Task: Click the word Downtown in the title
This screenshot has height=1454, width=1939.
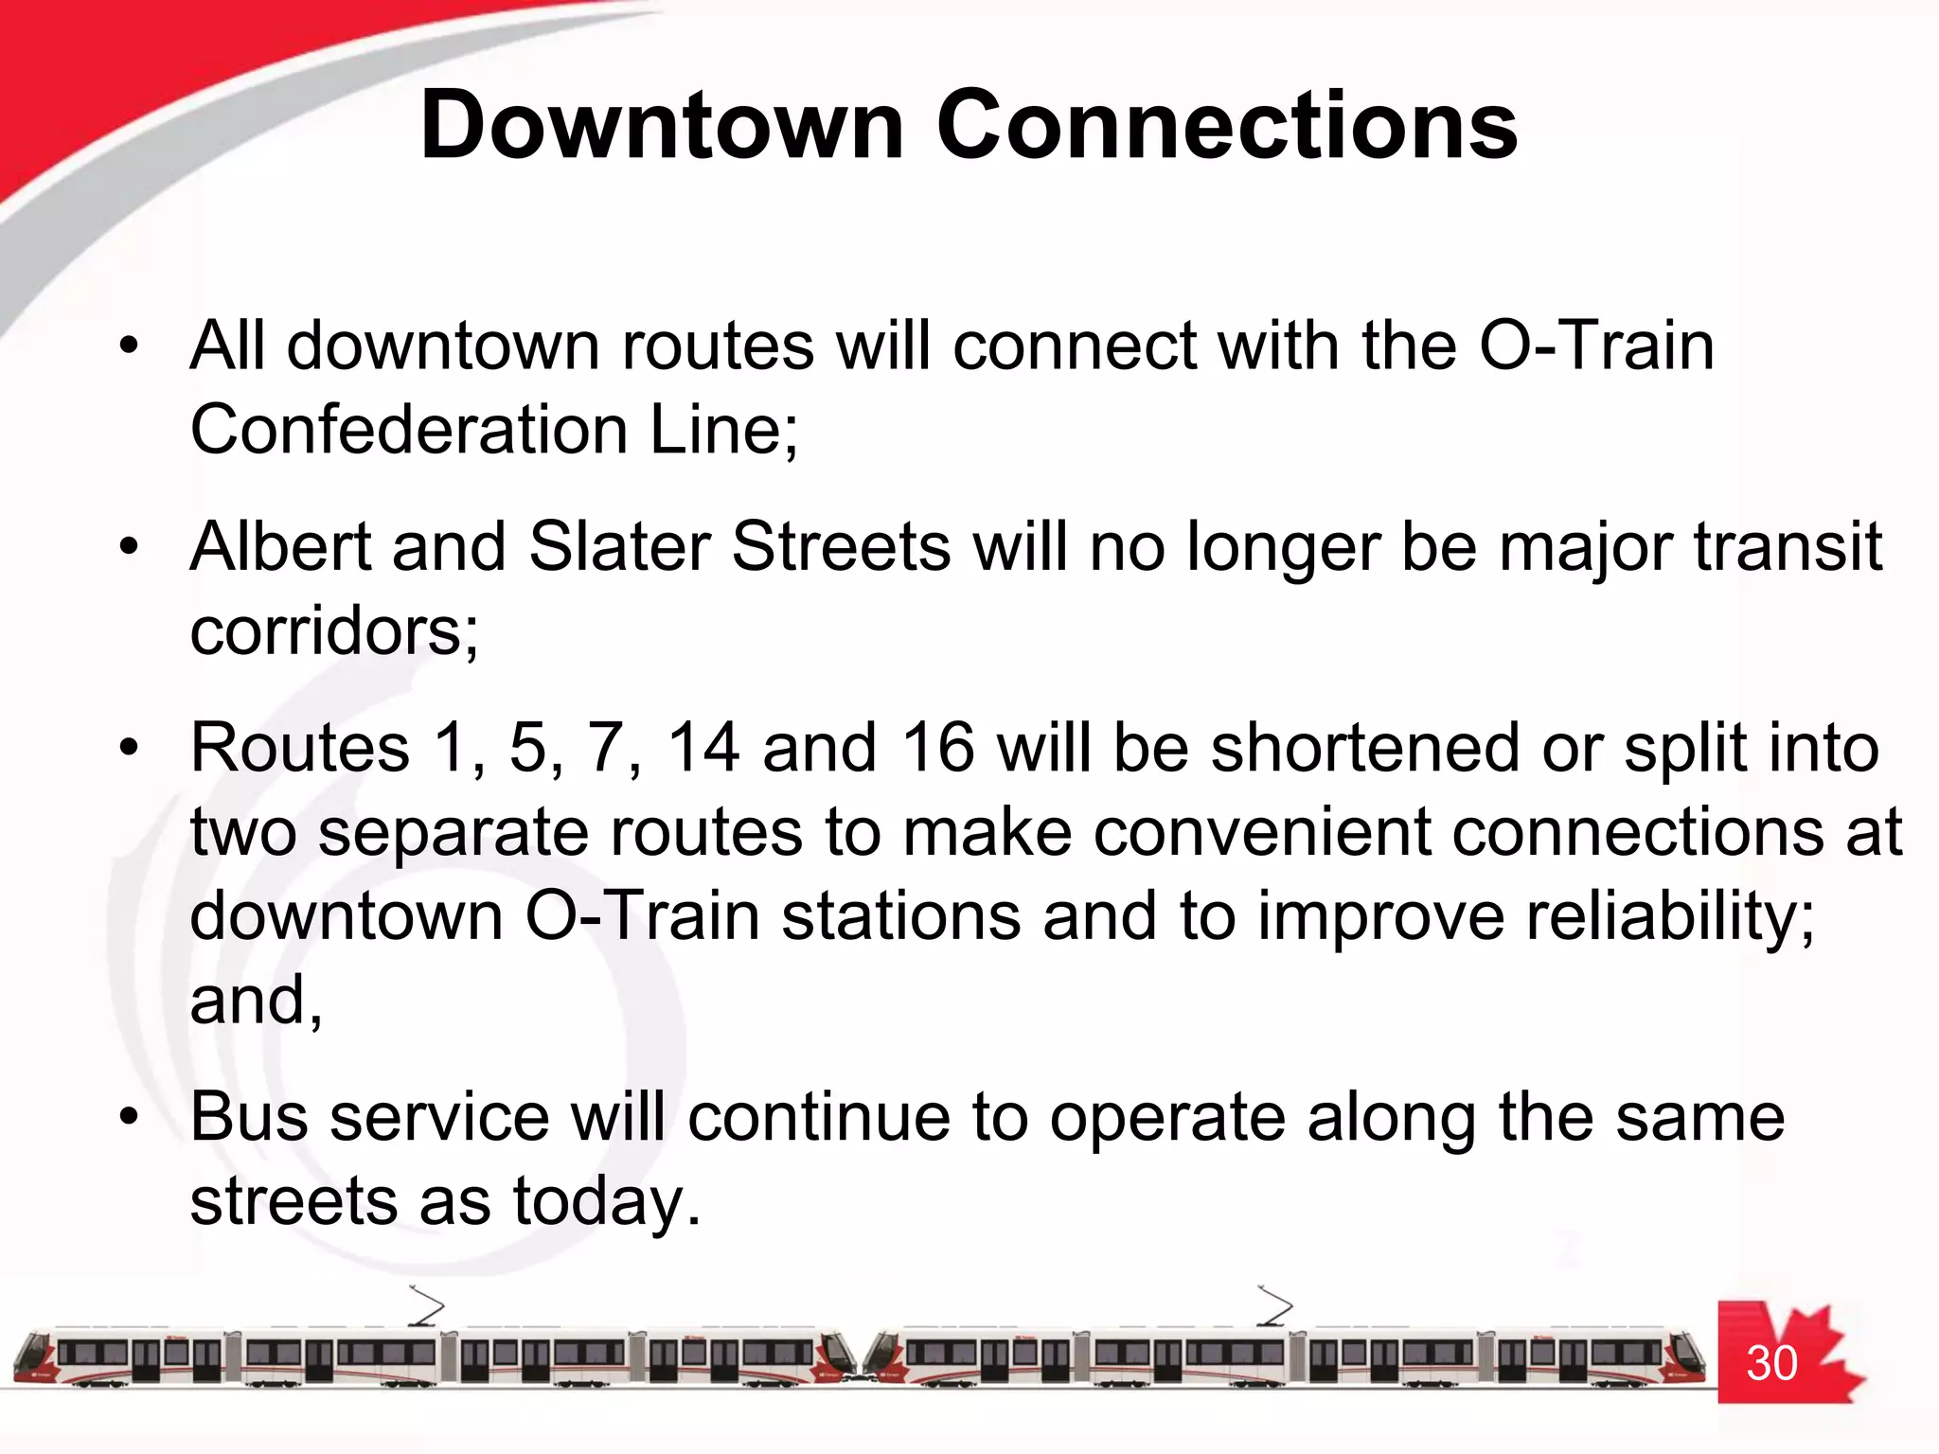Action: coord(662,126)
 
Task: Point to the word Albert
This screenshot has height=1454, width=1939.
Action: coord(280,547)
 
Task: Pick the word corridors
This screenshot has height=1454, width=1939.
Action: coord(333,631)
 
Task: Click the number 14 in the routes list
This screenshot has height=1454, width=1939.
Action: coord(703,748)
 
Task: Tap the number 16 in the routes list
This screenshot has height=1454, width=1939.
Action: coord(937,748)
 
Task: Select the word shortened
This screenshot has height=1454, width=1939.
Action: coord(1365,748)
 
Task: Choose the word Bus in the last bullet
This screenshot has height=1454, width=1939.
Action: coord(249,1117)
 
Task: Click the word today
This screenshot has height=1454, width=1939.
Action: coord(605,1202)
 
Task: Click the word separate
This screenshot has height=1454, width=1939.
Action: coord(453,832)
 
